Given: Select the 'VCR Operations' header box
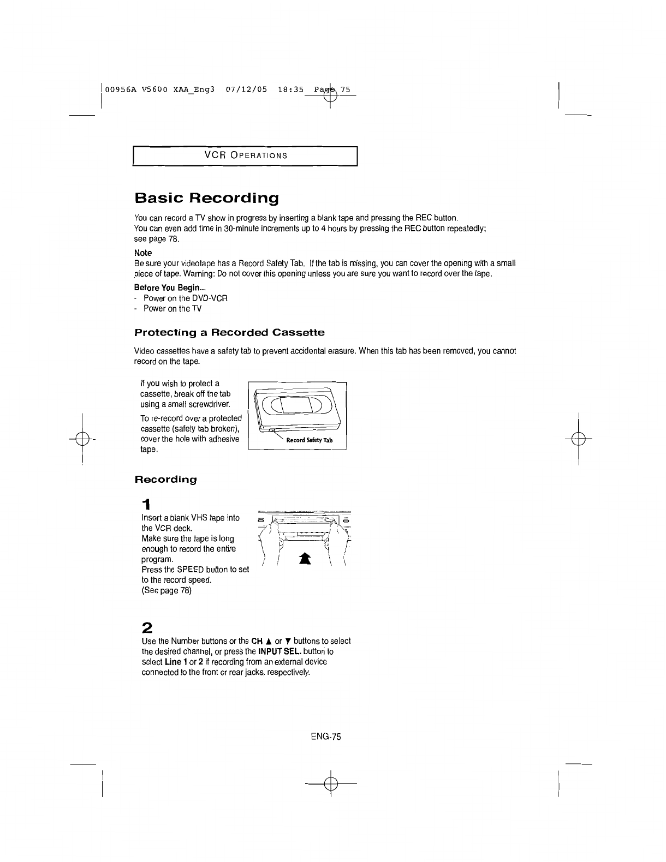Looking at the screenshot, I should (x=245, y=155).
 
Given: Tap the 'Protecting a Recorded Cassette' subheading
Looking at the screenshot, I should (x=229, y=332).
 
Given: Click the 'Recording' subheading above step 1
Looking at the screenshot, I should (x=165, y=480).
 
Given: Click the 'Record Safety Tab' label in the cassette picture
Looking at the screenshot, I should (x=309, y=440).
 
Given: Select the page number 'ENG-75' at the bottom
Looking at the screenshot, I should (x=325, y=737).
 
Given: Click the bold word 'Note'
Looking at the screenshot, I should (x=143, y=253).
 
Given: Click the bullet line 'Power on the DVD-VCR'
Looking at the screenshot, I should (x=185, y=298).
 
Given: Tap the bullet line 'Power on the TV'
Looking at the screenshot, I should (x=173, y=308).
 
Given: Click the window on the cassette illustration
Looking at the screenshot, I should (x=296, y=404).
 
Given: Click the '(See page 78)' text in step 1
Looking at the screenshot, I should (x=166, y=590).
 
